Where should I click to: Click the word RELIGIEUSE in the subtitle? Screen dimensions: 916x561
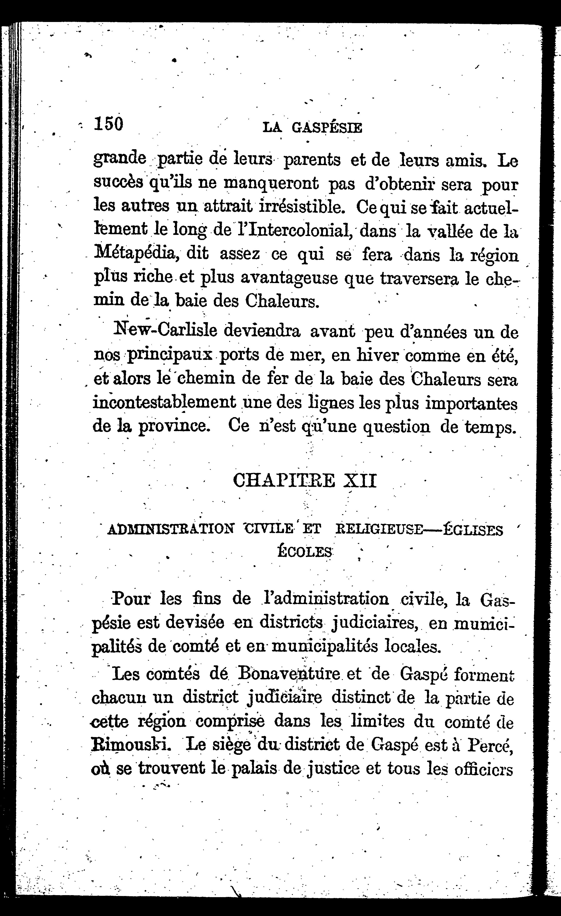coord(379,529)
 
